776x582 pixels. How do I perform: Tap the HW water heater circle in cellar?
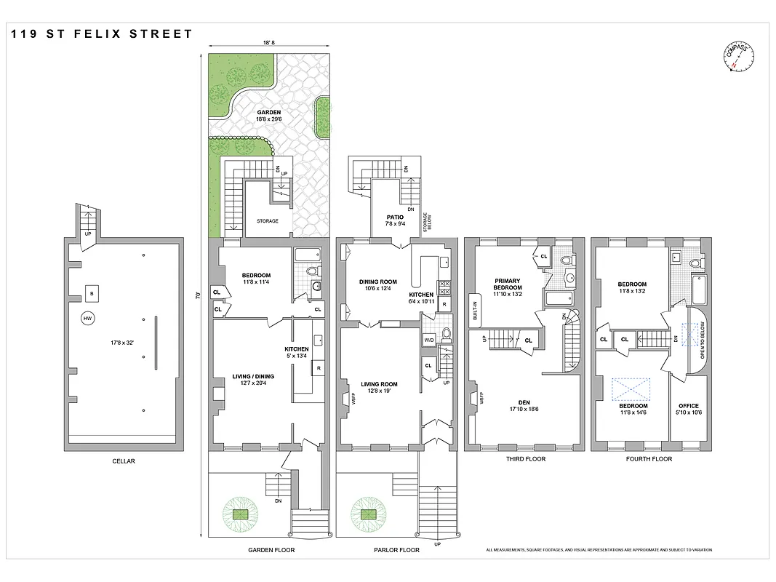click(87, 319)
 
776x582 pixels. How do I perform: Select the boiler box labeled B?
click(91, 293)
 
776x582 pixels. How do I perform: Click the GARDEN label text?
click(268, 113)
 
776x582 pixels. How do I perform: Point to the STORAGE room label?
click(267, 221)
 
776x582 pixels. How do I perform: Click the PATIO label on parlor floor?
click(395, 217)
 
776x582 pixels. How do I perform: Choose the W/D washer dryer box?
click(428, 340)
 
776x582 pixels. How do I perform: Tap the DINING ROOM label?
click(378, 282)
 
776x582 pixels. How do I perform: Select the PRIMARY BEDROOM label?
click(508, 284)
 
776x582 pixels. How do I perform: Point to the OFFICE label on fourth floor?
click(688, 406)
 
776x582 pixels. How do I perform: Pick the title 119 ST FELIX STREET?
click(102, 33)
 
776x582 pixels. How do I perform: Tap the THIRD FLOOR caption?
click(526, 459)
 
